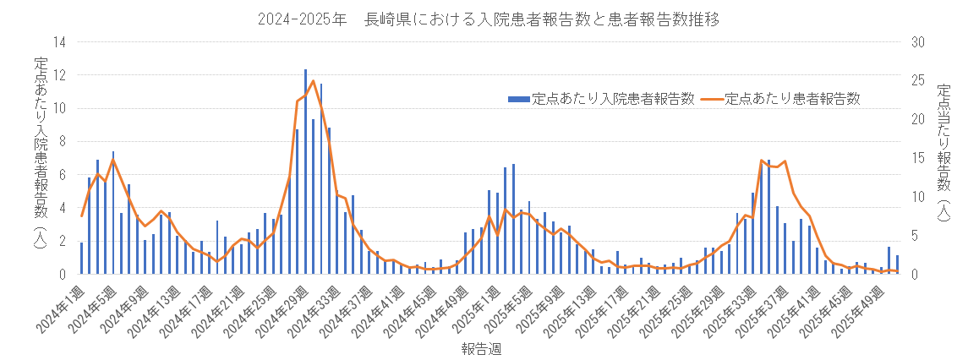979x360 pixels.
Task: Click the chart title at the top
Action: click(x=489, y=19)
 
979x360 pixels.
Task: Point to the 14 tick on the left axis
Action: click(x=59, y=42)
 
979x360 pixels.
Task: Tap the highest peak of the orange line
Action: click(x=313, y=81)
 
